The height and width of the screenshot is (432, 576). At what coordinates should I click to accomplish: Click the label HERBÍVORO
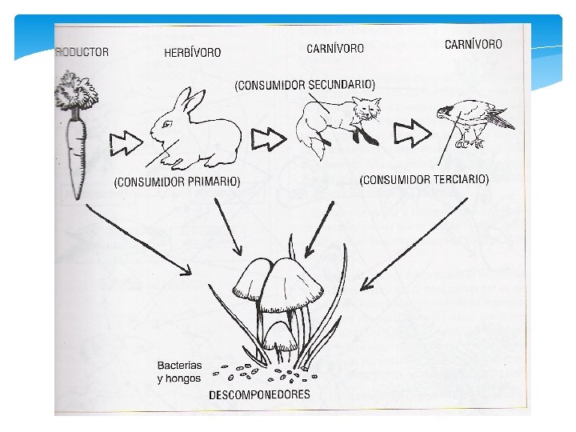pyautogui.click(x=193, y=53)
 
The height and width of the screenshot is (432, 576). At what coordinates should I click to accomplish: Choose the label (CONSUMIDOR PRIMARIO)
pyautogui.click(x=177, y=182)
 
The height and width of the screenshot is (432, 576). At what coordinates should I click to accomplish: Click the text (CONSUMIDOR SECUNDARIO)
pyautogui.click(x=304, y=84)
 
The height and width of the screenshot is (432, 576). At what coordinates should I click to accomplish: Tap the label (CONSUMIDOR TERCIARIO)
pyautogui.click(x=424, y=180)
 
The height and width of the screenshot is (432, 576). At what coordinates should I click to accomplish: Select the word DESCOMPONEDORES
pyautogui.click(x=259, y=394)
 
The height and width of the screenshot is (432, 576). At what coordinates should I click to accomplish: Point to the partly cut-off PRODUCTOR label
pyautogui.click(x=82, y=52)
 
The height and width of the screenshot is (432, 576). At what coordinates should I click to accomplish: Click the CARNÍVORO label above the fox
pyautogui.click(x=335, y=48)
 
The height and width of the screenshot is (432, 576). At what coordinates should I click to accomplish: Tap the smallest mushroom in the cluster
pyautogui.click(x=280, y=337)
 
